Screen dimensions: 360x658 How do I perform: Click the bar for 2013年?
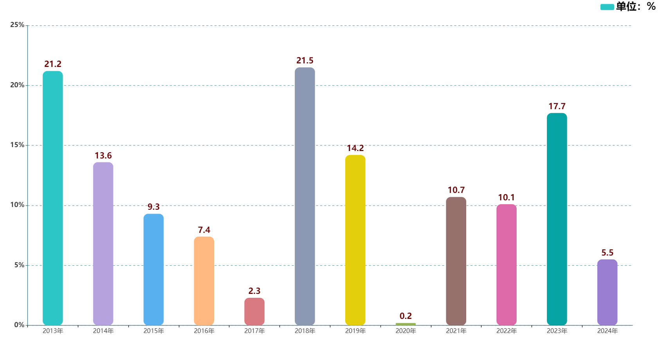(53, 198)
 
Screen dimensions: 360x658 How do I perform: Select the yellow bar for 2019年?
(355, 240)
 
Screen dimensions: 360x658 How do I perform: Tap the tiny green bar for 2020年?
(406, 324)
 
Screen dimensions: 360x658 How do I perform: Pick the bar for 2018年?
(305, 196)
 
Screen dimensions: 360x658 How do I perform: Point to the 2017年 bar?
(254, 311)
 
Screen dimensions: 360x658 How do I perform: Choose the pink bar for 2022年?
(506, 265)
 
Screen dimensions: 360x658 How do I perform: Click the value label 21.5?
(305, 61)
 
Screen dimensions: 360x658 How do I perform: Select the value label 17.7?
(557, 106)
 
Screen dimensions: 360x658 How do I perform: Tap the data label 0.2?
(406, 316)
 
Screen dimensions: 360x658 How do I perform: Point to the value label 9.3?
(153, 207)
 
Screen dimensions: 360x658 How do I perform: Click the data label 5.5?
(607, 253)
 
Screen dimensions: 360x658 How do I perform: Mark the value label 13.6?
(103, 156)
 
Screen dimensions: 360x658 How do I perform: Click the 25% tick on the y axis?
(17, 25)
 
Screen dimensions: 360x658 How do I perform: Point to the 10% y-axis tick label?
(17, 205)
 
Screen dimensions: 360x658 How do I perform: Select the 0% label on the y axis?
(19, 325)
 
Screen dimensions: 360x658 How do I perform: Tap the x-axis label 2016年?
(204, 331)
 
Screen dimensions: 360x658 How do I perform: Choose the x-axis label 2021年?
(456, 331)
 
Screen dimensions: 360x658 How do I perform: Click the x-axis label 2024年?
(607, 331)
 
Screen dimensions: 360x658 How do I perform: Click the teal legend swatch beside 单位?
(607, 7)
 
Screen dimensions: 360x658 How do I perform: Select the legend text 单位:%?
(636, 7)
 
